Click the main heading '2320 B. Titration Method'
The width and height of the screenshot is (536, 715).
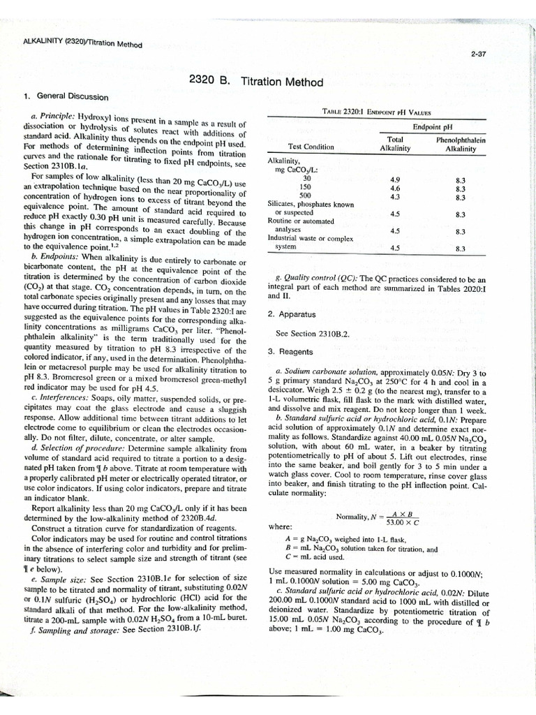[x=256, y=82]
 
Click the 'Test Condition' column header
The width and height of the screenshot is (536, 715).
[x=311, y=147]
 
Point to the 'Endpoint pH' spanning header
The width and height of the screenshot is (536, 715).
[x=432, y=127]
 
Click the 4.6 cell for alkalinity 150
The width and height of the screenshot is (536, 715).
[x=395, y=188]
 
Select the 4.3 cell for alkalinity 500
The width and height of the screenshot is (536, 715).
[x=395, y=196]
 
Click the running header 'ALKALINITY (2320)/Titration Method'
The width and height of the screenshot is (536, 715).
[x=82, y=43]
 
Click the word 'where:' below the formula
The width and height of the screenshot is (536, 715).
[x=280, y=527]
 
